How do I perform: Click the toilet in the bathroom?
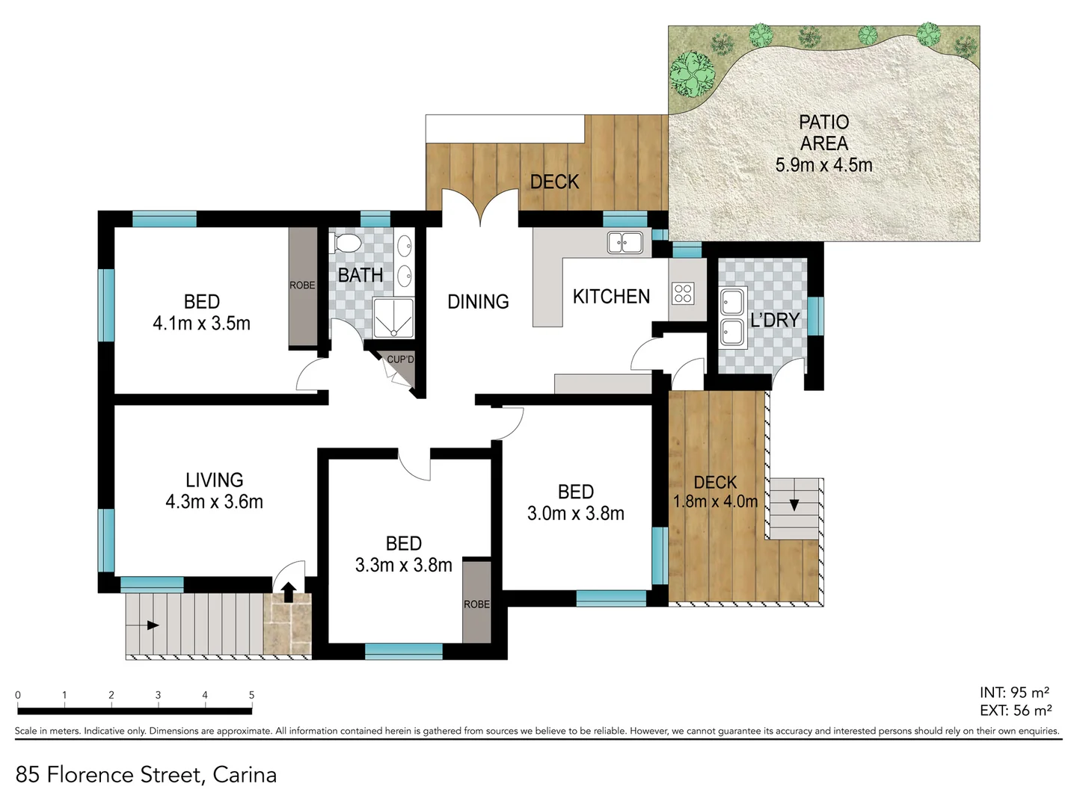click(345, 243)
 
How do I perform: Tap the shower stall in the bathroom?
click(393, 319)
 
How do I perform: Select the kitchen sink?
click(625, 243)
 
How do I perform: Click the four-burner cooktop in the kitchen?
click(683, 293)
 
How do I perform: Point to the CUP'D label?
click(400, 359)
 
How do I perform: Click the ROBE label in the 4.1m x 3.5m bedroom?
click(302, 285)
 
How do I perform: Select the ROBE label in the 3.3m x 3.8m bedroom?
click(476, 604)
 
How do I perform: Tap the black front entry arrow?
click(288, 591)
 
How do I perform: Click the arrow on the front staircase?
click(153, 625)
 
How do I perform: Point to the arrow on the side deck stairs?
click(794, 504)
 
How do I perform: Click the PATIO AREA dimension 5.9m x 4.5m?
click(823, 165)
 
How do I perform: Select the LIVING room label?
click(214, 480)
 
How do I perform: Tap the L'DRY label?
click(775, 320)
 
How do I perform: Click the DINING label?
click(478, 302)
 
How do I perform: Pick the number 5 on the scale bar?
click(251, 695)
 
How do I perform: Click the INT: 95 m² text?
click(1014, 693)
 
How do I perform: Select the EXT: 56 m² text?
click(1015, 711)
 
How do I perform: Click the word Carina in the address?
click(245, 775)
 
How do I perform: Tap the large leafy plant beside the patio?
click(693, 73)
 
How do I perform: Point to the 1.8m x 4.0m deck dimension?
click(715, 501)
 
